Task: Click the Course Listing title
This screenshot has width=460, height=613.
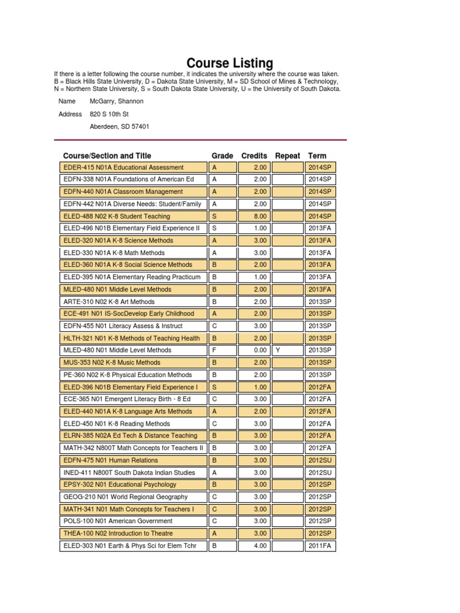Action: click(230, 63)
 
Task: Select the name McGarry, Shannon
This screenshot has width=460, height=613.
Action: click(117, 101)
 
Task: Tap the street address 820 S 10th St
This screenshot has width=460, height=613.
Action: click(110, 114)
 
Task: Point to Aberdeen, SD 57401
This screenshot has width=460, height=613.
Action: click(120, 126)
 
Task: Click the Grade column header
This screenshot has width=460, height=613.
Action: click(222, 156)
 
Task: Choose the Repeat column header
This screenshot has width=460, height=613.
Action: click(287, 156)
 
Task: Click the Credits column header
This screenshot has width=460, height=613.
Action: click(254, 156)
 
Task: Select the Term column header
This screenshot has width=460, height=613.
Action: click(317, 156)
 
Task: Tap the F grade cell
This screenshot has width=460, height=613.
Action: click(223, 350)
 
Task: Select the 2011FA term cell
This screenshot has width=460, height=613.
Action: click(320, 545)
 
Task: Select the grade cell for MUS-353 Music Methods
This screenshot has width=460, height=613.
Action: click(223, 363)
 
